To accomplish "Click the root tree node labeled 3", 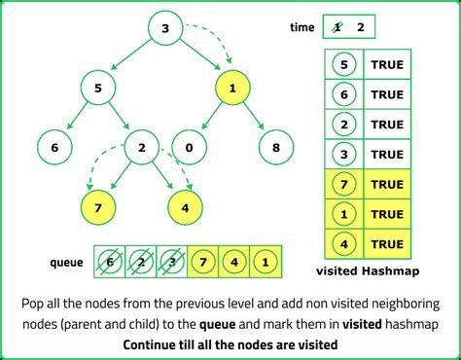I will click(165, 29).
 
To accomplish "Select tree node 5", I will click(98, 89).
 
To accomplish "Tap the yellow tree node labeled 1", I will click(231, 89).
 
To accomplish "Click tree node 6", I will click(53, 148).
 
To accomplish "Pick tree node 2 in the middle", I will click(142, 148).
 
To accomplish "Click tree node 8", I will click(277, 148).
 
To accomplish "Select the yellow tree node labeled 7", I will click(98, 207).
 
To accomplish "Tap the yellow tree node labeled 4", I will click(185, 207).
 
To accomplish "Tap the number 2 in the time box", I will click(361, 27).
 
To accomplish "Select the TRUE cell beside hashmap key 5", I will click(386, 65).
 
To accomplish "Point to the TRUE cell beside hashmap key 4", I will click(386, 244).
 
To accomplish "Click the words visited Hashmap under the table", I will click(370, 273).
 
